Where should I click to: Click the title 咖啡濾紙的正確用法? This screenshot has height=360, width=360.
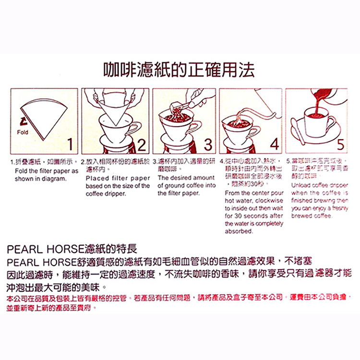point(180,70)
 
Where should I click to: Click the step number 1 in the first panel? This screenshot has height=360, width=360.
point(70,144)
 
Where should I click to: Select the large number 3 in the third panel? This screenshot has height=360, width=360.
point(208,144)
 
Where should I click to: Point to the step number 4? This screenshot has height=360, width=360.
point(274,144)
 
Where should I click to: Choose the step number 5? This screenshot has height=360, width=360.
point(340,144)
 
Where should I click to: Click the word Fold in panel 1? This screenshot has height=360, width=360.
point(22,132)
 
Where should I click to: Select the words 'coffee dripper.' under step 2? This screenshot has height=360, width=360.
point(105,194)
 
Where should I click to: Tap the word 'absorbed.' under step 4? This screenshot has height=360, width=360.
point(239,231)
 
